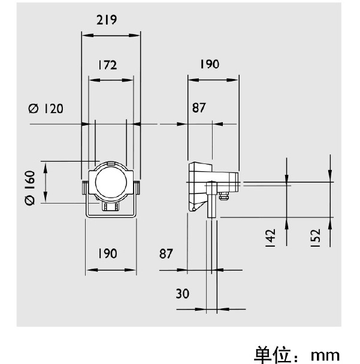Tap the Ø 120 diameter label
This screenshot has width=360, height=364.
[46, 108]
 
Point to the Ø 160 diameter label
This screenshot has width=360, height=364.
[29, 187]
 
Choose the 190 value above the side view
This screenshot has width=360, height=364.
[208, 65]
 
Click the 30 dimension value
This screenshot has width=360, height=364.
[183, 293]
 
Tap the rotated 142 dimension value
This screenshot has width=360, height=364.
[270, 236]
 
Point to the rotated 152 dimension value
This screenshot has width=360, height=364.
[316, 236]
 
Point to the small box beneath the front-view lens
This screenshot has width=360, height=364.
[110, 207]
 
